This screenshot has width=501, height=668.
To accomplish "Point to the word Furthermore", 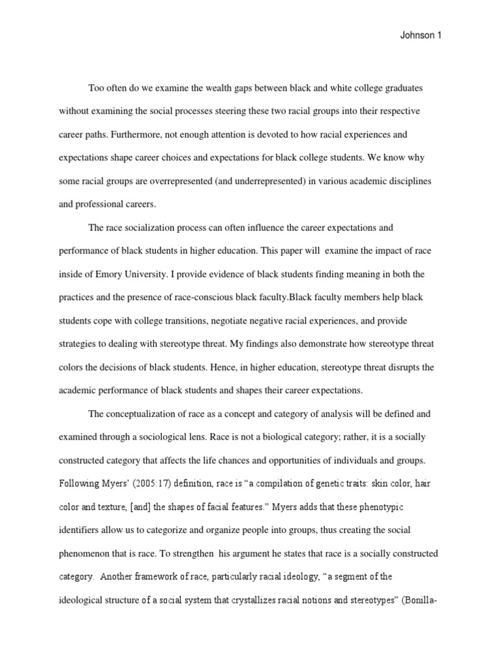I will point(139,135).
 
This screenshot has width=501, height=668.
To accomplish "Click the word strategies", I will point(78,344).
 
